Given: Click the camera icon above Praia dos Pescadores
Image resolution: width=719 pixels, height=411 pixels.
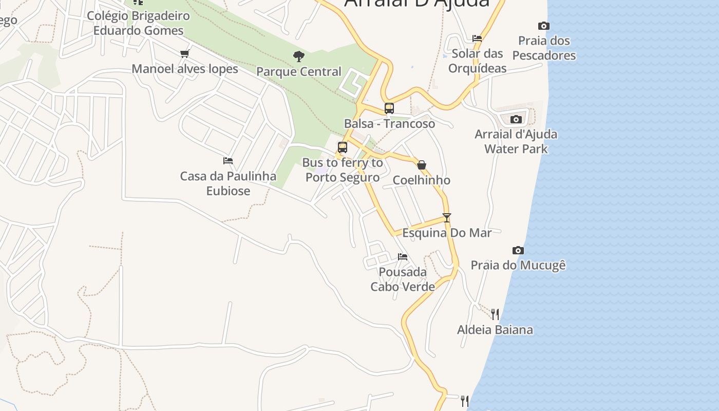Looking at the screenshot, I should [x=544, y=26].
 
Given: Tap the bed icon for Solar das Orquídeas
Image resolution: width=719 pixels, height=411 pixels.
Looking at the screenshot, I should [x=477, y=39].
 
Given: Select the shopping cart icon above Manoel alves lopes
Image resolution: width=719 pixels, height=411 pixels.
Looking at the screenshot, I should [x=185, y=54].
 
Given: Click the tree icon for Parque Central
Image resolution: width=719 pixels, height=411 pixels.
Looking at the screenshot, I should [x=298, y=57].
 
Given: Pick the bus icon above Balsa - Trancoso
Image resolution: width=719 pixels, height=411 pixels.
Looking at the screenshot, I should [x=389, y=108].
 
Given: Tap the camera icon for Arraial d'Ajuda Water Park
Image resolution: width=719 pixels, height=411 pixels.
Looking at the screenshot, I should [x=516, y=120].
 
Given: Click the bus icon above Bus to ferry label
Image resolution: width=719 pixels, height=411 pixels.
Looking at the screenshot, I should [x=343, y=147].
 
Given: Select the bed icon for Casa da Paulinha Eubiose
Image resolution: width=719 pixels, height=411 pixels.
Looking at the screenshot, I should [x=228, y=161].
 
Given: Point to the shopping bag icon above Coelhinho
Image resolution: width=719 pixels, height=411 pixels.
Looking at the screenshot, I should [x=422, y=165].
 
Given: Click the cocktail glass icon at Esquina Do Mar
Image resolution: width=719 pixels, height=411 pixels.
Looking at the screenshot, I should [x=447, y=218].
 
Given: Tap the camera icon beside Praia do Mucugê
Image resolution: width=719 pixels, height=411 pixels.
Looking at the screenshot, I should [x=518, y=251].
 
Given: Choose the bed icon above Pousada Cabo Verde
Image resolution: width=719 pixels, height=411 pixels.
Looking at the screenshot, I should [x=403, y=257].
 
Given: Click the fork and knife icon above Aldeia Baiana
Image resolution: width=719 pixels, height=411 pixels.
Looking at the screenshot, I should [x=495, y=314].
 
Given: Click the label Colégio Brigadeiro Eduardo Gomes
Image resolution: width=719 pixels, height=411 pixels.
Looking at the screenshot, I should [x=138, y=23].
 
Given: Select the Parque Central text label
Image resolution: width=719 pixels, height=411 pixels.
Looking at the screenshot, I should [x=298, y=71].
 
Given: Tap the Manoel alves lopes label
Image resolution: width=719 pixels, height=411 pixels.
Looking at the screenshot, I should [x=185, y=69].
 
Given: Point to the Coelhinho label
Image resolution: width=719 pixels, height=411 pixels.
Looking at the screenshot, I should [x=422, y=180].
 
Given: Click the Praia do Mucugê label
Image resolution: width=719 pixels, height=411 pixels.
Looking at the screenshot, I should [x=518, y=266].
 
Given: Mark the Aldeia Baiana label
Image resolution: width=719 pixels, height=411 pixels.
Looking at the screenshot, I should [x=495, y=330].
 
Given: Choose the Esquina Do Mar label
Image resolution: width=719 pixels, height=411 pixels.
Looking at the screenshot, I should [x=447, y=233].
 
